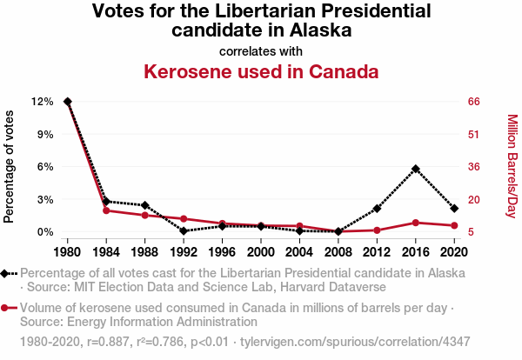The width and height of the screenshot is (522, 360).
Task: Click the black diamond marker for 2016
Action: [416, 169]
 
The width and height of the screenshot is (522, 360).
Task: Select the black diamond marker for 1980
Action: [68, 102]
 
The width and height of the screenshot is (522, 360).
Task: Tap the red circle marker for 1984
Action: [106, 210]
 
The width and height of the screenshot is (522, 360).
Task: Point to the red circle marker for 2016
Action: [416, 223]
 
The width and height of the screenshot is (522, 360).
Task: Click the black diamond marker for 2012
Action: [377, 209]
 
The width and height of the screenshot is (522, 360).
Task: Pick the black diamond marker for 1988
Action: [145, 205]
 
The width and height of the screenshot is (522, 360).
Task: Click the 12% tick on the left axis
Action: [42, 102]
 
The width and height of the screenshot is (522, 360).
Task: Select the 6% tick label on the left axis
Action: [44, 167]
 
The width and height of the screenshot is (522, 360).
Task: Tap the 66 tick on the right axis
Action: [474, 102]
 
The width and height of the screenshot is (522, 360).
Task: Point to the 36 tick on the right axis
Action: [474, 167]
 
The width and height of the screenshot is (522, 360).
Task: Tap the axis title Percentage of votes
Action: [10, 165]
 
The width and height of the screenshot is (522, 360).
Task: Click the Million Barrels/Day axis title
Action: [512, 165]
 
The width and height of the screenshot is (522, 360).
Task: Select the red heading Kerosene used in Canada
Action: [261, 71]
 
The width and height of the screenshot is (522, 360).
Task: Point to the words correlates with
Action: [261, 50]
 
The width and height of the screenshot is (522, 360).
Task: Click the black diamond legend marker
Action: [7, 273]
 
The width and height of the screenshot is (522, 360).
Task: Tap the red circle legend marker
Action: [7, 308]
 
